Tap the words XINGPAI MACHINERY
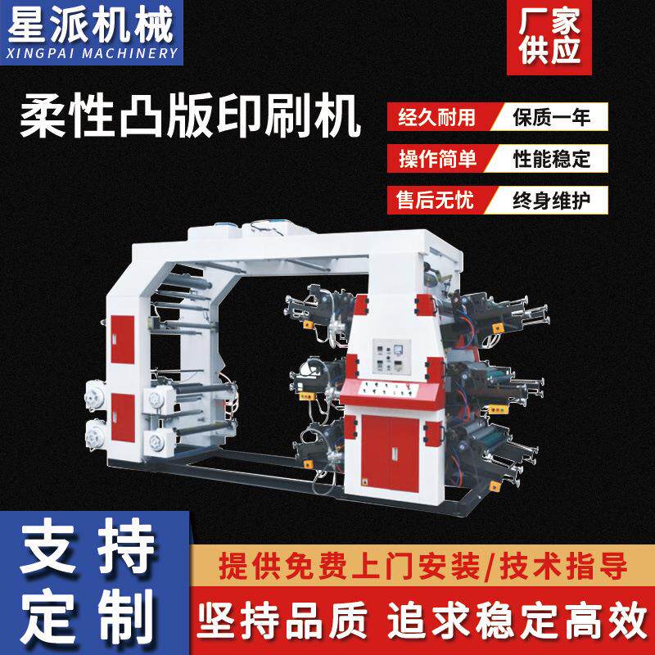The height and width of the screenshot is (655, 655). pyautogui.click(x=91, y=53)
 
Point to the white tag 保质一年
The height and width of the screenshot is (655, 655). pyautogui.click(x=550, y=117)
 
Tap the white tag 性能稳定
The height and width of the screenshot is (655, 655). pyautogui.click(x=550, y=158)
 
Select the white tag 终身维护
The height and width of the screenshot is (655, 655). pyautogui.click(x=550, y=199)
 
